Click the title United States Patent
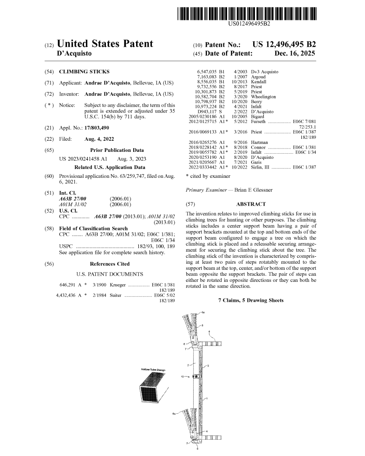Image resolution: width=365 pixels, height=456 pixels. coord(104,44)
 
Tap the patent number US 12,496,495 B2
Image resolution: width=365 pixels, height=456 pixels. coord(284,45)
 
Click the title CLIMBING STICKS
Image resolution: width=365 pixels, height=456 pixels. coord(84,72)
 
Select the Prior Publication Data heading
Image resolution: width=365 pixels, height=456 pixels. coord(117,150)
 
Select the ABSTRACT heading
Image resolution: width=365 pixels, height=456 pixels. coord(251,204)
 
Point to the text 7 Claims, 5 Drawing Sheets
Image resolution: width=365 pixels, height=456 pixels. coord(251,300)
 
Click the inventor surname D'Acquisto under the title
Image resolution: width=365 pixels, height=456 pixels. coord(73,53)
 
